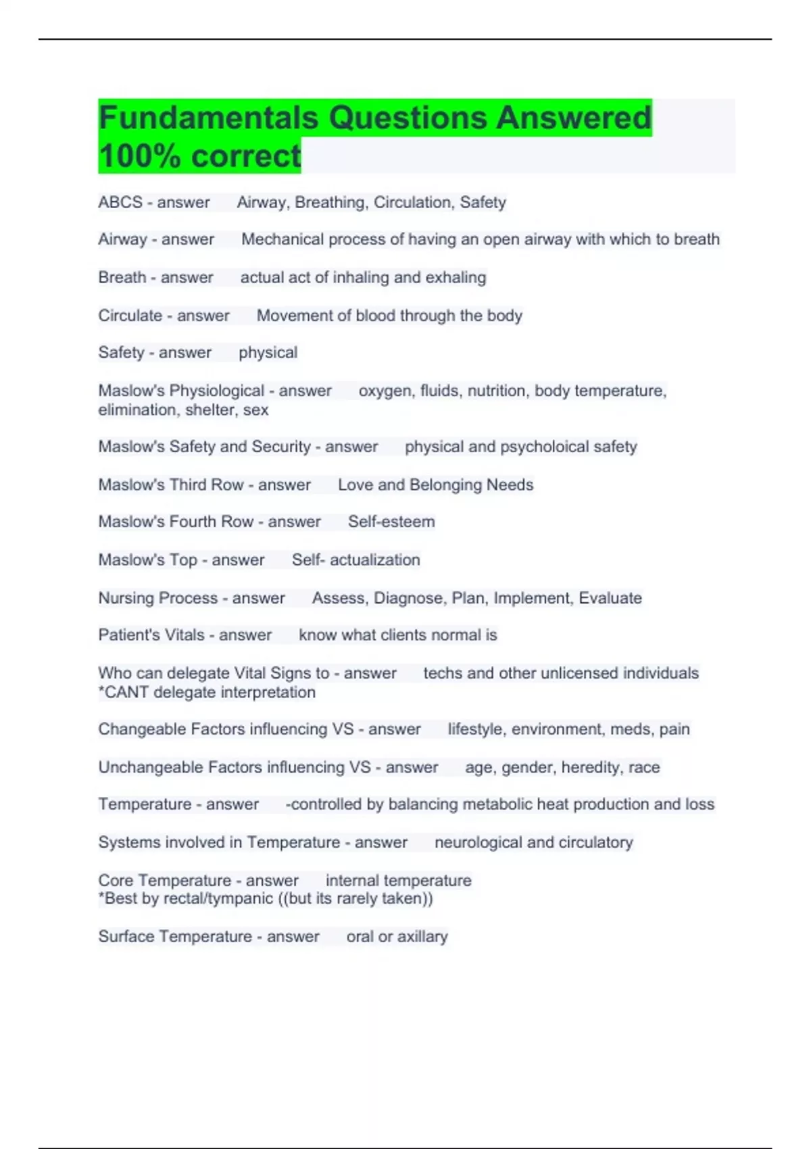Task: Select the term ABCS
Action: pos(120,202)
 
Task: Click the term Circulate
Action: pos(130,316)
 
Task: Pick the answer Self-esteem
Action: pos(391,522)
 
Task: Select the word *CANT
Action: pos(124,692)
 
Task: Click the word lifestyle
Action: pos(477,729)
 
